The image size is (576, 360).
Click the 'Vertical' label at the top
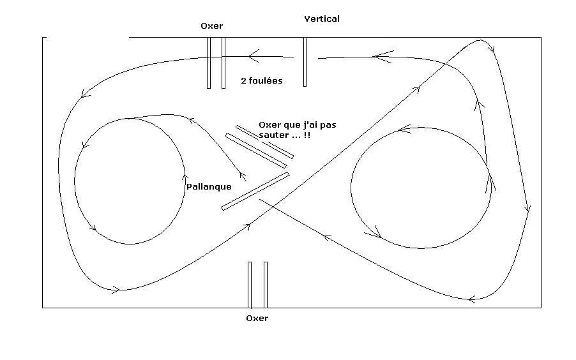coord(322,19)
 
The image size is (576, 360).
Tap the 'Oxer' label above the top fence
coord(211,26)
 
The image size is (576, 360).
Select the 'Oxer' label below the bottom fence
coord(257,318)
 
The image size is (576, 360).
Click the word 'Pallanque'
coord(209,187)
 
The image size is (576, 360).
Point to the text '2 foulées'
coord(262,81)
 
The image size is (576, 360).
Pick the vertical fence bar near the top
coord(305,62)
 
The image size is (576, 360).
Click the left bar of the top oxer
coord(209,63)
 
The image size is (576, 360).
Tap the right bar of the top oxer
coord(224,63)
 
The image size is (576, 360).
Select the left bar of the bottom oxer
coord(250,285)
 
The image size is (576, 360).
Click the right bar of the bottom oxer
coord(266,285)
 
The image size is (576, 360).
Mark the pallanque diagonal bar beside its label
coord(255,191)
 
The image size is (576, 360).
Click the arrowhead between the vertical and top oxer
coord(253,56)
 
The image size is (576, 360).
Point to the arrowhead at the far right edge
coord(527,209)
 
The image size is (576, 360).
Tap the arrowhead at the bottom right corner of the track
coord(473,298)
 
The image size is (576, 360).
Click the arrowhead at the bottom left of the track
coord(115,289)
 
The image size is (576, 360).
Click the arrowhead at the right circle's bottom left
coord(377,234)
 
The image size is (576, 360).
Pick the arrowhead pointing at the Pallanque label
coord(242,175)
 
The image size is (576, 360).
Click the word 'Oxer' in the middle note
coord(270,125)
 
